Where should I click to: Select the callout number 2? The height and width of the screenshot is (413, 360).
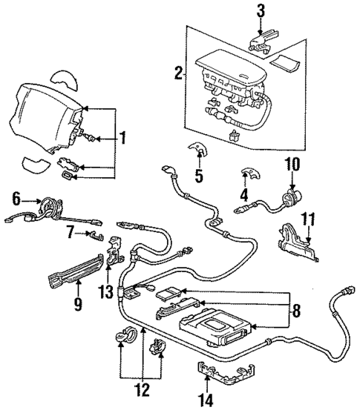178,73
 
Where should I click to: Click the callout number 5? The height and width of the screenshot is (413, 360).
198,176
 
